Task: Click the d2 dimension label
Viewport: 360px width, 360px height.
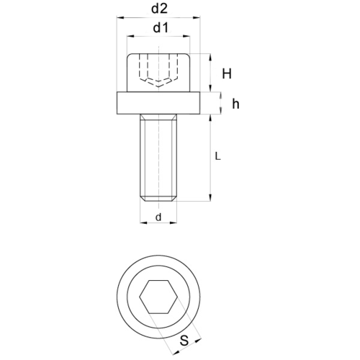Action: pos(159,9)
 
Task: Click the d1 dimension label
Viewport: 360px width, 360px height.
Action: pos(161,28)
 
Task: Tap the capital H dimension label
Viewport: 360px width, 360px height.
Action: pos(227,73)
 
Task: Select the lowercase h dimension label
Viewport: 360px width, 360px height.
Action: pos(235,104)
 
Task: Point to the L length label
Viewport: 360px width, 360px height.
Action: pos(217,156)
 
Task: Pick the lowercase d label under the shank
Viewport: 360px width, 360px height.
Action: pos(158,217)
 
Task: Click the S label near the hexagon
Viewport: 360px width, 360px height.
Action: pos(184,340)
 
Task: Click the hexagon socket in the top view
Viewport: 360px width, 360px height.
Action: pos(158,297)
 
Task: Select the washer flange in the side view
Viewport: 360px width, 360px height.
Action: pos(158,103)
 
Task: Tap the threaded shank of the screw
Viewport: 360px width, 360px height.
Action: pos(158,158)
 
